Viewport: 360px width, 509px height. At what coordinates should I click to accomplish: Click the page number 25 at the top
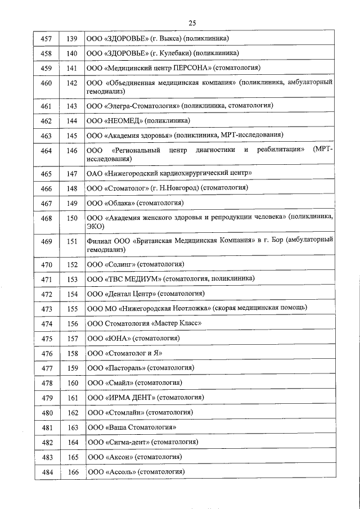[192, 23]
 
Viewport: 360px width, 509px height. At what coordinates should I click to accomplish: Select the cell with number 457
[47, 38]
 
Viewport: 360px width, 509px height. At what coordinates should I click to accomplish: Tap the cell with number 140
[72, 53]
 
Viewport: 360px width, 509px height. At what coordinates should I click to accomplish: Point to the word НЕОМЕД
[124, 120]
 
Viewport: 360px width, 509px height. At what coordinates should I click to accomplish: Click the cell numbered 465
[47, 173]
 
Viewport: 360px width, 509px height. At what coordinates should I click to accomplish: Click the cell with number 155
[72, 309]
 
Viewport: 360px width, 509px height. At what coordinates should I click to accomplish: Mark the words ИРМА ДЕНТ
[130, 398]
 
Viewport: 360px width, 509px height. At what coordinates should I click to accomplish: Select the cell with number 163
[72, 427]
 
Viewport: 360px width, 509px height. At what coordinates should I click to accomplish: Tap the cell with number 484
[47, 472]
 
